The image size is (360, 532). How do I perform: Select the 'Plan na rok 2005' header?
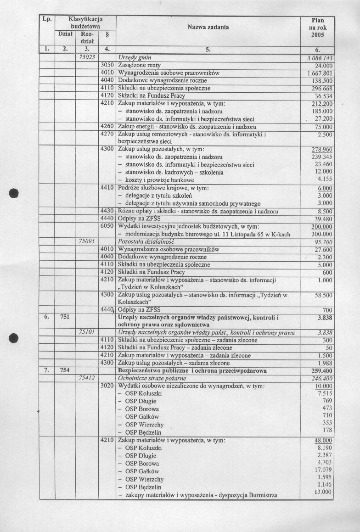point(317,28)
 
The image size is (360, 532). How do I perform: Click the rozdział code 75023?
point(87,58)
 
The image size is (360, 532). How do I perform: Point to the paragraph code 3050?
point(107,65)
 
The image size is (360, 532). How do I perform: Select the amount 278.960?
point(321,150)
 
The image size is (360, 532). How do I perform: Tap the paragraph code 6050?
point(107,227)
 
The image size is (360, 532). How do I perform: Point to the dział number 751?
point(64,317)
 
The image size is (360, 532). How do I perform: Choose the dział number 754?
point(64,370)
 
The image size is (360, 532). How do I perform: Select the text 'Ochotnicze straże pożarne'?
point(148,378)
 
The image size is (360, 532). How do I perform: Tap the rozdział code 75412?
point(87,378)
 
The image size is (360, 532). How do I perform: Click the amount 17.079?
point(323,470)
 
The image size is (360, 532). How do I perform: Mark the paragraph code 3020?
point(107,386)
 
